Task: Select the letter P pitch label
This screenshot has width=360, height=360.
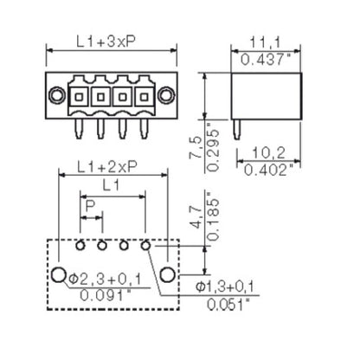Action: pyautogui.click(x=91, y=206)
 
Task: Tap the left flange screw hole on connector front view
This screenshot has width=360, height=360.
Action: pyautogui.click(x=56, y=94)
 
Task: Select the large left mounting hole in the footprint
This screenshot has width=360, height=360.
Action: pyautogui.click(x=57, y=275)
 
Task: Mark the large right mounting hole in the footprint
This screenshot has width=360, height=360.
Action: pyautogui.click(x=168, y=275)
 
